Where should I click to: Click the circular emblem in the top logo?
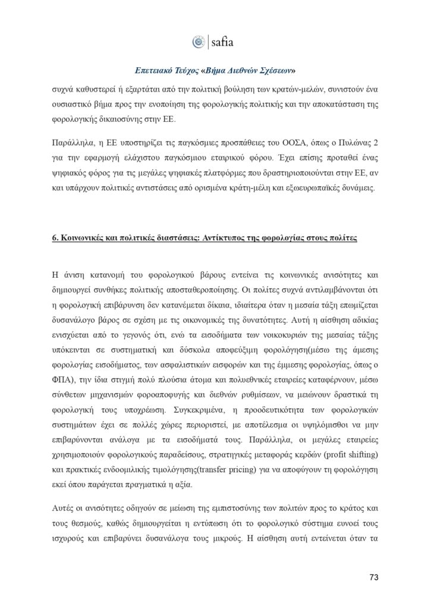click(199, 42)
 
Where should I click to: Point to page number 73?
click(374, 577)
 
